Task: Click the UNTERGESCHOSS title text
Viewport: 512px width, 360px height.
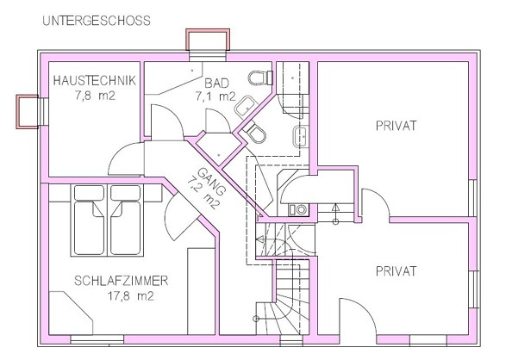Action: point(97,21)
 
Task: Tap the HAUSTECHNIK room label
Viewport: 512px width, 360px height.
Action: point(94,81)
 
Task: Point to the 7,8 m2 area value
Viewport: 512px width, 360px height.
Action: point(95,96)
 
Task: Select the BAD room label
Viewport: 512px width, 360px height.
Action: point(217,84)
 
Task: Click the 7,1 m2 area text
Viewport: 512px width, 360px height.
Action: point(215,96)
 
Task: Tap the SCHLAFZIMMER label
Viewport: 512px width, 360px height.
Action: point(122,281)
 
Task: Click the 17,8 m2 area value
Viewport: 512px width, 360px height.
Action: point(131,296)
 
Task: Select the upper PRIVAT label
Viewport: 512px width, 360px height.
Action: point(396,126)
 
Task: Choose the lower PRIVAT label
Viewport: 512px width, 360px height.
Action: point(396,271)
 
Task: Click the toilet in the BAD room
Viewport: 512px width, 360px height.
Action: point(260,78)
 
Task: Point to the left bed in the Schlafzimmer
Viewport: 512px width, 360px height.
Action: point(89,220)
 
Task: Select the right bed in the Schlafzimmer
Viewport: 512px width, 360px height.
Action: point(126,220)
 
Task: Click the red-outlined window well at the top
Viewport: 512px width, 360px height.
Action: point(208,40)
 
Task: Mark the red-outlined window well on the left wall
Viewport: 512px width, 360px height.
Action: point(27,111)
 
